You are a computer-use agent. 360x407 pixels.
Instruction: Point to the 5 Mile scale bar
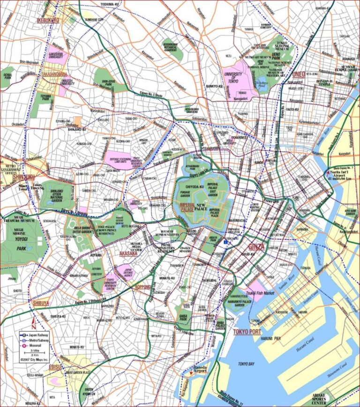(35, 352)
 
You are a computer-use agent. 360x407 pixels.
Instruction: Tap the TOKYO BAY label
(248, 364)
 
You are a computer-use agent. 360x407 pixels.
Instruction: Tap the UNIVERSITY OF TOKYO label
(233, 77)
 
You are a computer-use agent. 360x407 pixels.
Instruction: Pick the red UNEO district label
(298, 74)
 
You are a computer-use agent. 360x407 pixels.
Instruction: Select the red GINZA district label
(256, 246)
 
